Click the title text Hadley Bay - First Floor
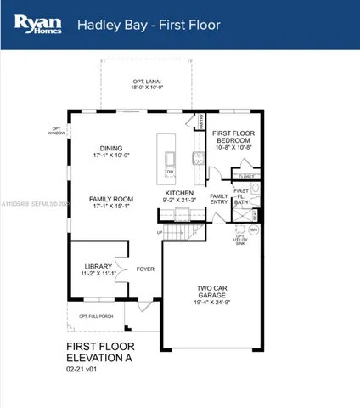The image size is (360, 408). [x=149, y=25]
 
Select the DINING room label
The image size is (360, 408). [x=111, y=147]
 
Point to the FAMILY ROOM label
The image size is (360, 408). [x=111, y=199]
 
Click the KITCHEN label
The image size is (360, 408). [x=179, y=193]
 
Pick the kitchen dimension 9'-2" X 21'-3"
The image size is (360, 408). [x=179, y=201]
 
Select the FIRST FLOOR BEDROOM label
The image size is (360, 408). [x=233, y=137]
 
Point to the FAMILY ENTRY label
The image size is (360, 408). [x=219, y=199]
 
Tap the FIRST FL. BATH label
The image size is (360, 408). [x=242, y=196]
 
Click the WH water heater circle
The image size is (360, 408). [x=254, y=229]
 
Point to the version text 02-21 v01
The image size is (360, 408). [x=85, y=371]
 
